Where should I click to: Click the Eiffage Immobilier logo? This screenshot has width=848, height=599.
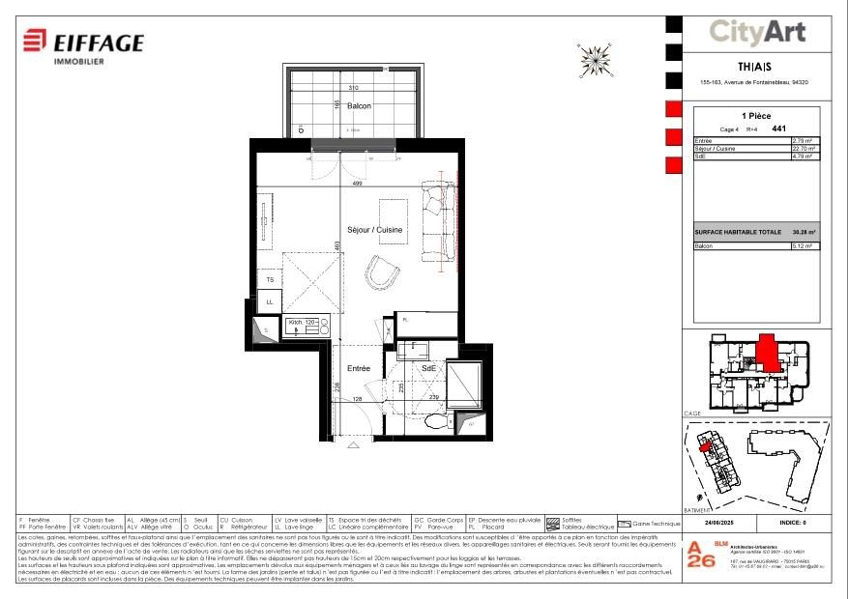tap(83, 44)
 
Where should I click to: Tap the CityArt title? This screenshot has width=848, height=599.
tap(757, 33)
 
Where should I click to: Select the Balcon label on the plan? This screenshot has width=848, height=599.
tap(359, 105)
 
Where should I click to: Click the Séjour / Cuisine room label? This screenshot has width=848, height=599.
tap(375, 229)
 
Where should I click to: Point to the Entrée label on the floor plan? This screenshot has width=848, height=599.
tap(359, 369)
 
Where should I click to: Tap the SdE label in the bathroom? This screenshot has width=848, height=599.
tap(427, 369)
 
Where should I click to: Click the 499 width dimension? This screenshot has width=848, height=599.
tap(357, 183)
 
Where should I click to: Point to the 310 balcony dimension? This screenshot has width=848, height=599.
tap(353, 88)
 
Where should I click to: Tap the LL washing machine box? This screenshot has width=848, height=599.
tap(270, 302)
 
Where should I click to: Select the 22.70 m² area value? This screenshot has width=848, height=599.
tap(804, 149)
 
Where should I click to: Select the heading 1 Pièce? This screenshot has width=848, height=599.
tap(756, 115)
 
